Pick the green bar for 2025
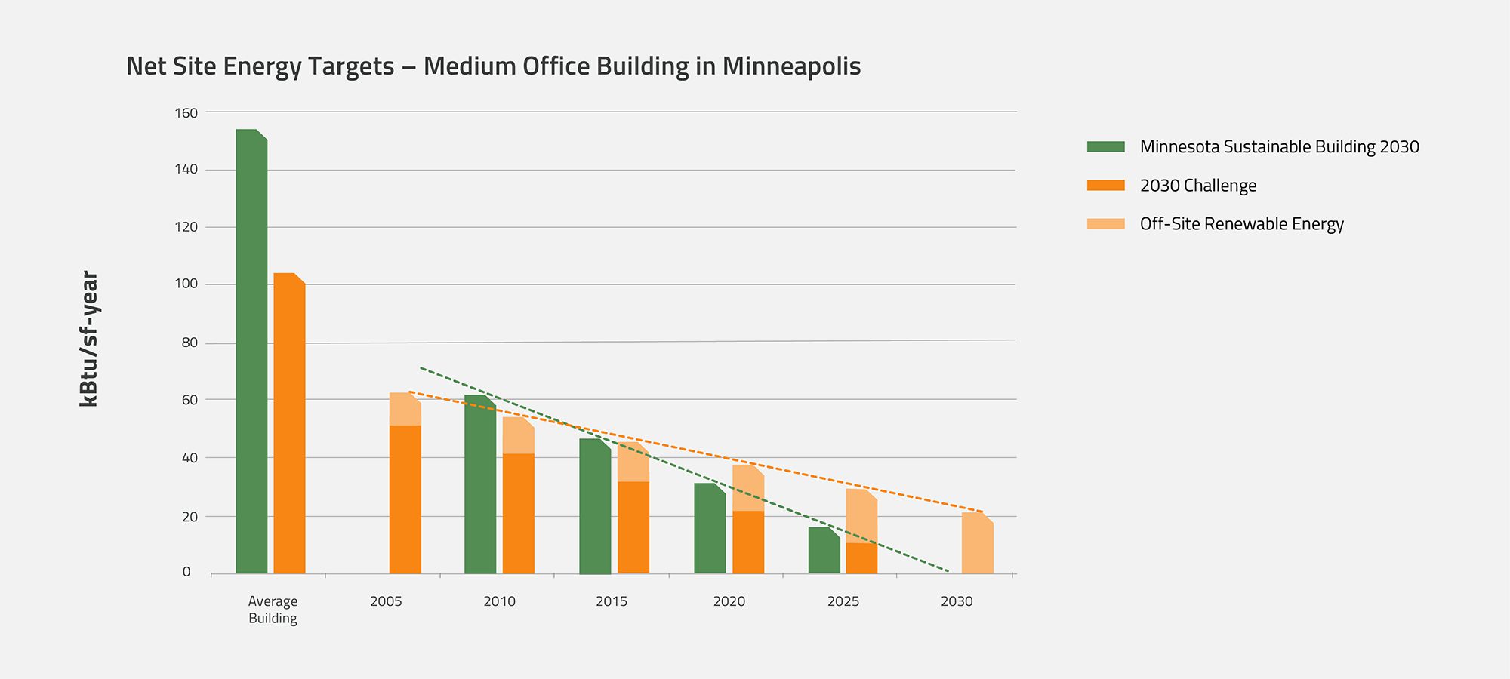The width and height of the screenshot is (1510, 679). [824, 551]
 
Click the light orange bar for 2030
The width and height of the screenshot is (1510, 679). [978, 544]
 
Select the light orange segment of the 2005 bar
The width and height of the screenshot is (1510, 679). [405, 410]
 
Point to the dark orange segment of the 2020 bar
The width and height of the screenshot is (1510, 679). [748, 542]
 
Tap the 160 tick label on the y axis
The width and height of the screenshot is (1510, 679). [186, 113]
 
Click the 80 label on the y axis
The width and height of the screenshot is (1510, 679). [190, 343]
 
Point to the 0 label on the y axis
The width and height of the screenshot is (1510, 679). [186, 572]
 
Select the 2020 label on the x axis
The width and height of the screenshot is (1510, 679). [729, 601]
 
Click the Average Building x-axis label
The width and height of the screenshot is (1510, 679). [273, 610]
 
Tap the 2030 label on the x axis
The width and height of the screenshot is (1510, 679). [957, 601]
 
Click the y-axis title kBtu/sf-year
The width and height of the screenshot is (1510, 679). [89, 339]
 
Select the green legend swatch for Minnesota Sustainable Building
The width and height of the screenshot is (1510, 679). [1105, 146]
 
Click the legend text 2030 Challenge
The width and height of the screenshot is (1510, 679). [1198, 186]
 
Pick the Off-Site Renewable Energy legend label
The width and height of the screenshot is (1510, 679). [1241, 224]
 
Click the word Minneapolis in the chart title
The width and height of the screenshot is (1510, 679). [791, 66]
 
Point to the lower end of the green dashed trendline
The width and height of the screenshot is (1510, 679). [948, 571]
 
